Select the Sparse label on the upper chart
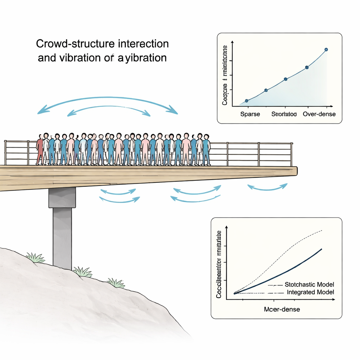click(x=250, y=114)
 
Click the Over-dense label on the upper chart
click(x=319, y=114)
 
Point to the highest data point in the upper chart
click(x=326, y=50)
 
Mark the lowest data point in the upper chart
click(x=246, y=101)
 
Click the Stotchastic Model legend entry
click(x=309, y=284)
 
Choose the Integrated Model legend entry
click(x=310, y=292)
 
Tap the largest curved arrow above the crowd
click(x=108, y=101)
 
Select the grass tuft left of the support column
click(x=35, y=258)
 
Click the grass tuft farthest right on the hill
click(x=116, y=283)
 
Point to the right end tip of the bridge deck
click(x=296, y=171)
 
